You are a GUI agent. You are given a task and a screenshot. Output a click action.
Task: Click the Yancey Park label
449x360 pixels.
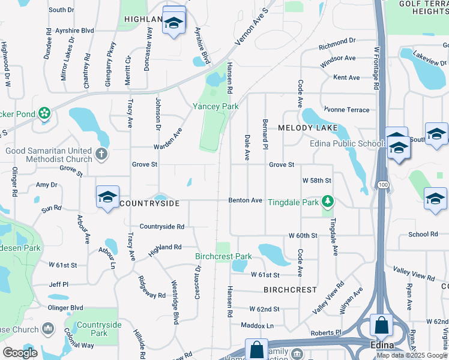[x=215, y=106]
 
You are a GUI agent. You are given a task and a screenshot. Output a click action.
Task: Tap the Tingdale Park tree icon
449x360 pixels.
[x=327, y=201]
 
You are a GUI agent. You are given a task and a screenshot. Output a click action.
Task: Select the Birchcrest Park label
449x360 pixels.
[x=223, y=256]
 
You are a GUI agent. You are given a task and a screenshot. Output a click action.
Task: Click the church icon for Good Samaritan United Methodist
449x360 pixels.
[x=101, y=154]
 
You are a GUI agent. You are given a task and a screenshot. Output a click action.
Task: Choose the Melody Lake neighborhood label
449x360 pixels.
[x=308, y=128]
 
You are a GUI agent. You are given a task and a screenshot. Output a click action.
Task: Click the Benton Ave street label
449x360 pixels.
[x=245, y=200]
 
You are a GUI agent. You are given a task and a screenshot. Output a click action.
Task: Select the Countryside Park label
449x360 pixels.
[x=100, y=329]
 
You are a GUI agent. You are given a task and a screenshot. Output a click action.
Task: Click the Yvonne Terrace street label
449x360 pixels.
[x=346, y=110]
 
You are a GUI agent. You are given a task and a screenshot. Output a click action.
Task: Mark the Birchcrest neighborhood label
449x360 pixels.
[x=290, y=290]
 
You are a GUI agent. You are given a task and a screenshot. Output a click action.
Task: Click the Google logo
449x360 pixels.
[x=20, y=353]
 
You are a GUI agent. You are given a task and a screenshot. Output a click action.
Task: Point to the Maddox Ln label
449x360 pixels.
[x=257, y=325]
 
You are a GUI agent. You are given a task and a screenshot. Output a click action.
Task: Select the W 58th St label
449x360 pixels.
[x=316, y=180]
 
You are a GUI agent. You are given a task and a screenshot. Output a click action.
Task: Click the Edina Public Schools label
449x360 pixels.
[x=347, y=143]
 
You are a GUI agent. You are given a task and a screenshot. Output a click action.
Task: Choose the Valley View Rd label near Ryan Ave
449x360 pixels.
[x=414, y=277]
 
